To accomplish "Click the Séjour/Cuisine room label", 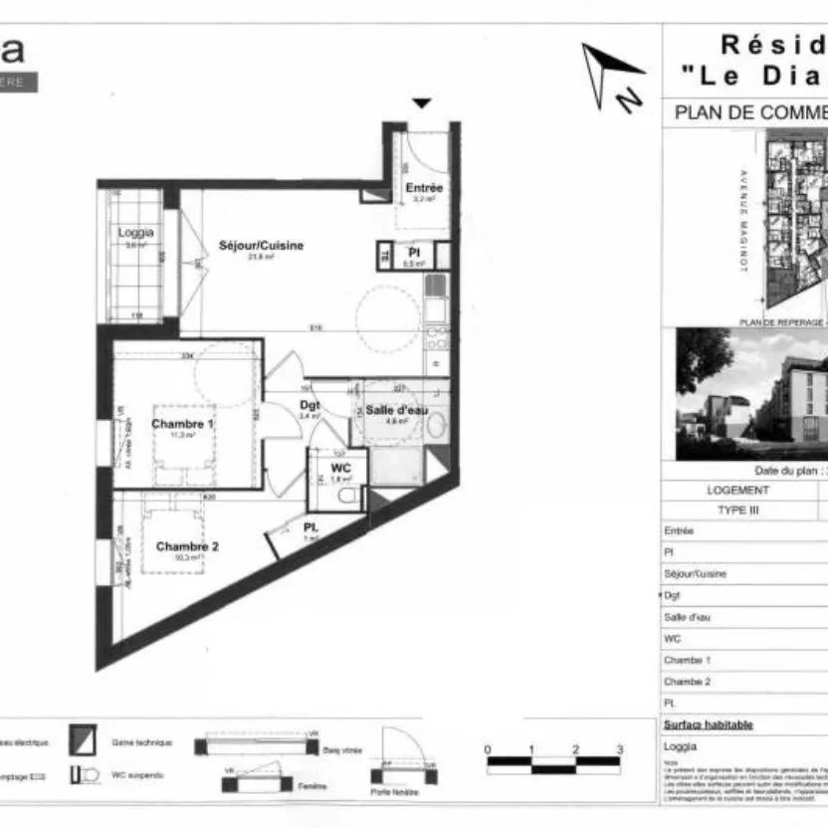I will [261, 245].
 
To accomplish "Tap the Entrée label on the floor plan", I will [424, 187].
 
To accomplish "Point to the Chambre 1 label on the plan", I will [182, 423].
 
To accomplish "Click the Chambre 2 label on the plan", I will [187, 546].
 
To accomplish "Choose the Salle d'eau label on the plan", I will [396, 410].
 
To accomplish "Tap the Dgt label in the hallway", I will [309, 405].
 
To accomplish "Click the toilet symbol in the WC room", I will [346, 495].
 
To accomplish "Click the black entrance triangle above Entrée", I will [422, 103].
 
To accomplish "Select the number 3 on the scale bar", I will [619, 749].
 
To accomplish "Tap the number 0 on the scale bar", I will [488, 749].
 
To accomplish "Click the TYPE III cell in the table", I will [737, 509].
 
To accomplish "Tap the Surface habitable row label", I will [708, 725].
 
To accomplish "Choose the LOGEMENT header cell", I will [737, 490].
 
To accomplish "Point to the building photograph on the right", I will [751, 394].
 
